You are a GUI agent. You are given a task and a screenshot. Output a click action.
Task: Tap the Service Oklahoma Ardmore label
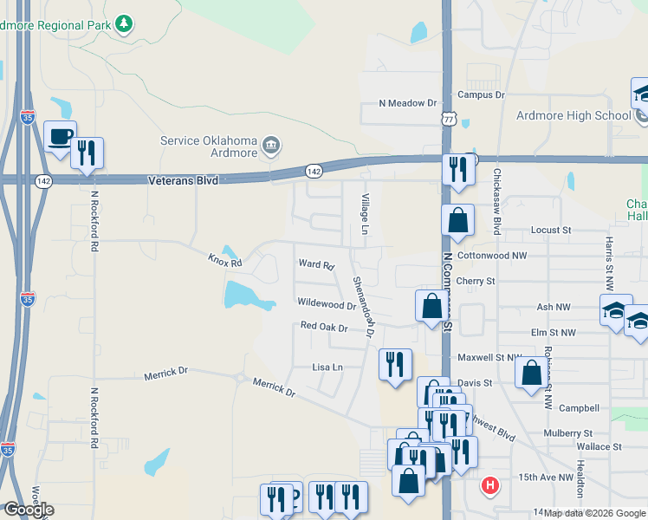[209, 147]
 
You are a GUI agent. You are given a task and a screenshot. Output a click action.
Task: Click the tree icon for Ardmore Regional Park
[125, 24]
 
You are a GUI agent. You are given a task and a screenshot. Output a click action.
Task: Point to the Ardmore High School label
[573, 115]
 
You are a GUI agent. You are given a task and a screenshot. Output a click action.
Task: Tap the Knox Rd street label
[224, 259]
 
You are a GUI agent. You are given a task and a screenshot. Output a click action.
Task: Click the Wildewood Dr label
[327, 304]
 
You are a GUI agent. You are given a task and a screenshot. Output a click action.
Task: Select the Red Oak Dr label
[324, 327]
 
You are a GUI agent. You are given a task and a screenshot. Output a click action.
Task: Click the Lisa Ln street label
[327, 367]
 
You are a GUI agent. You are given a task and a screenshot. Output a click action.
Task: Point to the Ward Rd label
[315, 264]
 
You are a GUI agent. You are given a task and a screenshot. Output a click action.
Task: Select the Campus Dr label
[481, 94]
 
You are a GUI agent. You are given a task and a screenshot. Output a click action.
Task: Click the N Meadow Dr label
[408, 102]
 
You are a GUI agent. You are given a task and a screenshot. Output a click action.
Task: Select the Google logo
[28, 510]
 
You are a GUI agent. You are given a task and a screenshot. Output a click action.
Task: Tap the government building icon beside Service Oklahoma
[270, 144]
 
